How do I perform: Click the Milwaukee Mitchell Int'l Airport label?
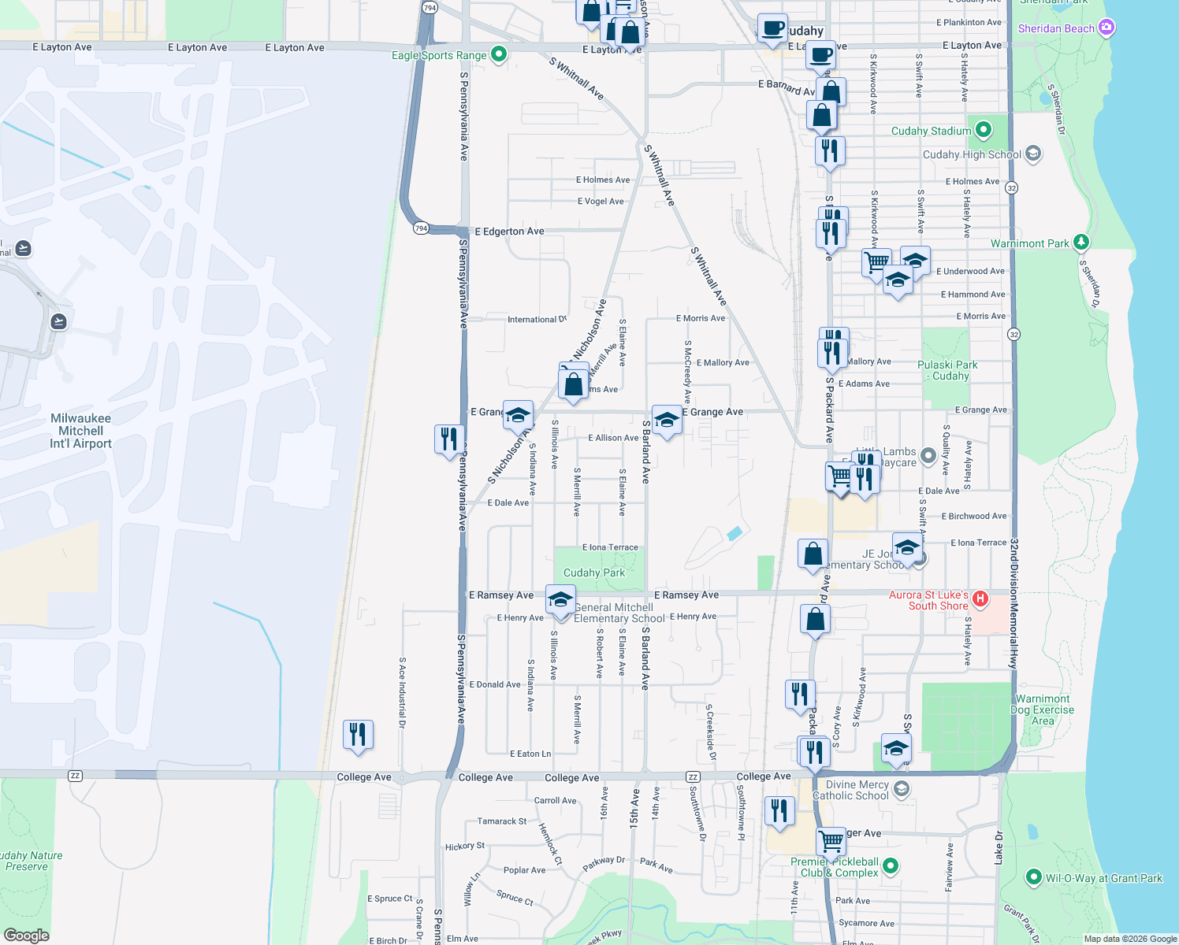pos(80,431)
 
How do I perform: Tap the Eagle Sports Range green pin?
pos(498,54)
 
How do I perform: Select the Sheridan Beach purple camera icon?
pos(1106,28)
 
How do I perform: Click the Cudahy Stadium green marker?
pos(983,130)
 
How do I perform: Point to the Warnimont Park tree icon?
pos(1081,243)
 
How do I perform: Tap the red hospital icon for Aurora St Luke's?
pos(980,599)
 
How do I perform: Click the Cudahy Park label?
pos(594,573)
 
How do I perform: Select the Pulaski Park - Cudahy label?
pos(947,370)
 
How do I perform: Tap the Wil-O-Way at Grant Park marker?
pos(1034,877)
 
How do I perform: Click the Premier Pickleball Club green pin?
pos(891,865)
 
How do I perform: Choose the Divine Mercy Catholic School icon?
pos(902,788)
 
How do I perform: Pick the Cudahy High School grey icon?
pos(1033,154)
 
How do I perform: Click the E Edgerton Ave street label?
pos(509,232)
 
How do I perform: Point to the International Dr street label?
pos(537,319)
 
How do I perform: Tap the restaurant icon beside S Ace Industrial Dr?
pos(358,736)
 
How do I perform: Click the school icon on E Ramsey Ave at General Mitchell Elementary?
pos(560,600)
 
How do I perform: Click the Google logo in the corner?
pos(26,936)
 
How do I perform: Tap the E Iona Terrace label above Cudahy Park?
pos(610,547)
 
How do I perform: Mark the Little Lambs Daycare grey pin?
pos(928,454)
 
